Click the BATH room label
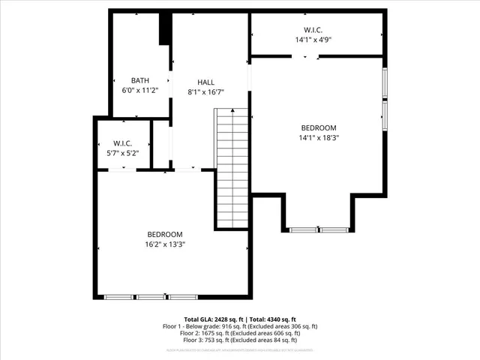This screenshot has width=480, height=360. point(140,80)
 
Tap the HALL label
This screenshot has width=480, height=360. point(205,82)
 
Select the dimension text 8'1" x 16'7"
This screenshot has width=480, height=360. point(205,91)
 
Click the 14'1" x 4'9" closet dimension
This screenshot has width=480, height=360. point(313,40)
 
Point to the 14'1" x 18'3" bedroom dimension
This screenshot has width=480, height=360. point(319,137)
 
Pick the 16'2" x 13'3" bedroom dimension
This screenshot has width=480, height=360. point(165,244)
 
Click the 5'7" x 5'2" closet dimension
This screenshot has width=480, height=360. point(123,153)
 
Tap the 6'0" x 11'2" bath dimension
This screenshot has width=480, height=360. point(140,90)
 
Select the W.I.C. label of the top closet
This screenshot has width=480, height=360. point(313,30)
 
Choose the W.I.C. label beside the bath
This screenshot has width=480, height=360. point(123,143)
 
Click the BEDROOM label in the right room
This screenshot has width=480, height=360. point(319,127)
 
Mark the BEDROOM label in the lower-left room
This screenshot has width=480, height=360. point(165,234)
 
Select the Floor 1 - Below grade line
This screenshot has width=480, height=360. point(240,325)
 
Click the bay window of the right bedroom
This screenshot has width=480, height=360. point(319,229)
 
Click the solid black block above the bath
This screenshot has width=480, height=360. point(163,29)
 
